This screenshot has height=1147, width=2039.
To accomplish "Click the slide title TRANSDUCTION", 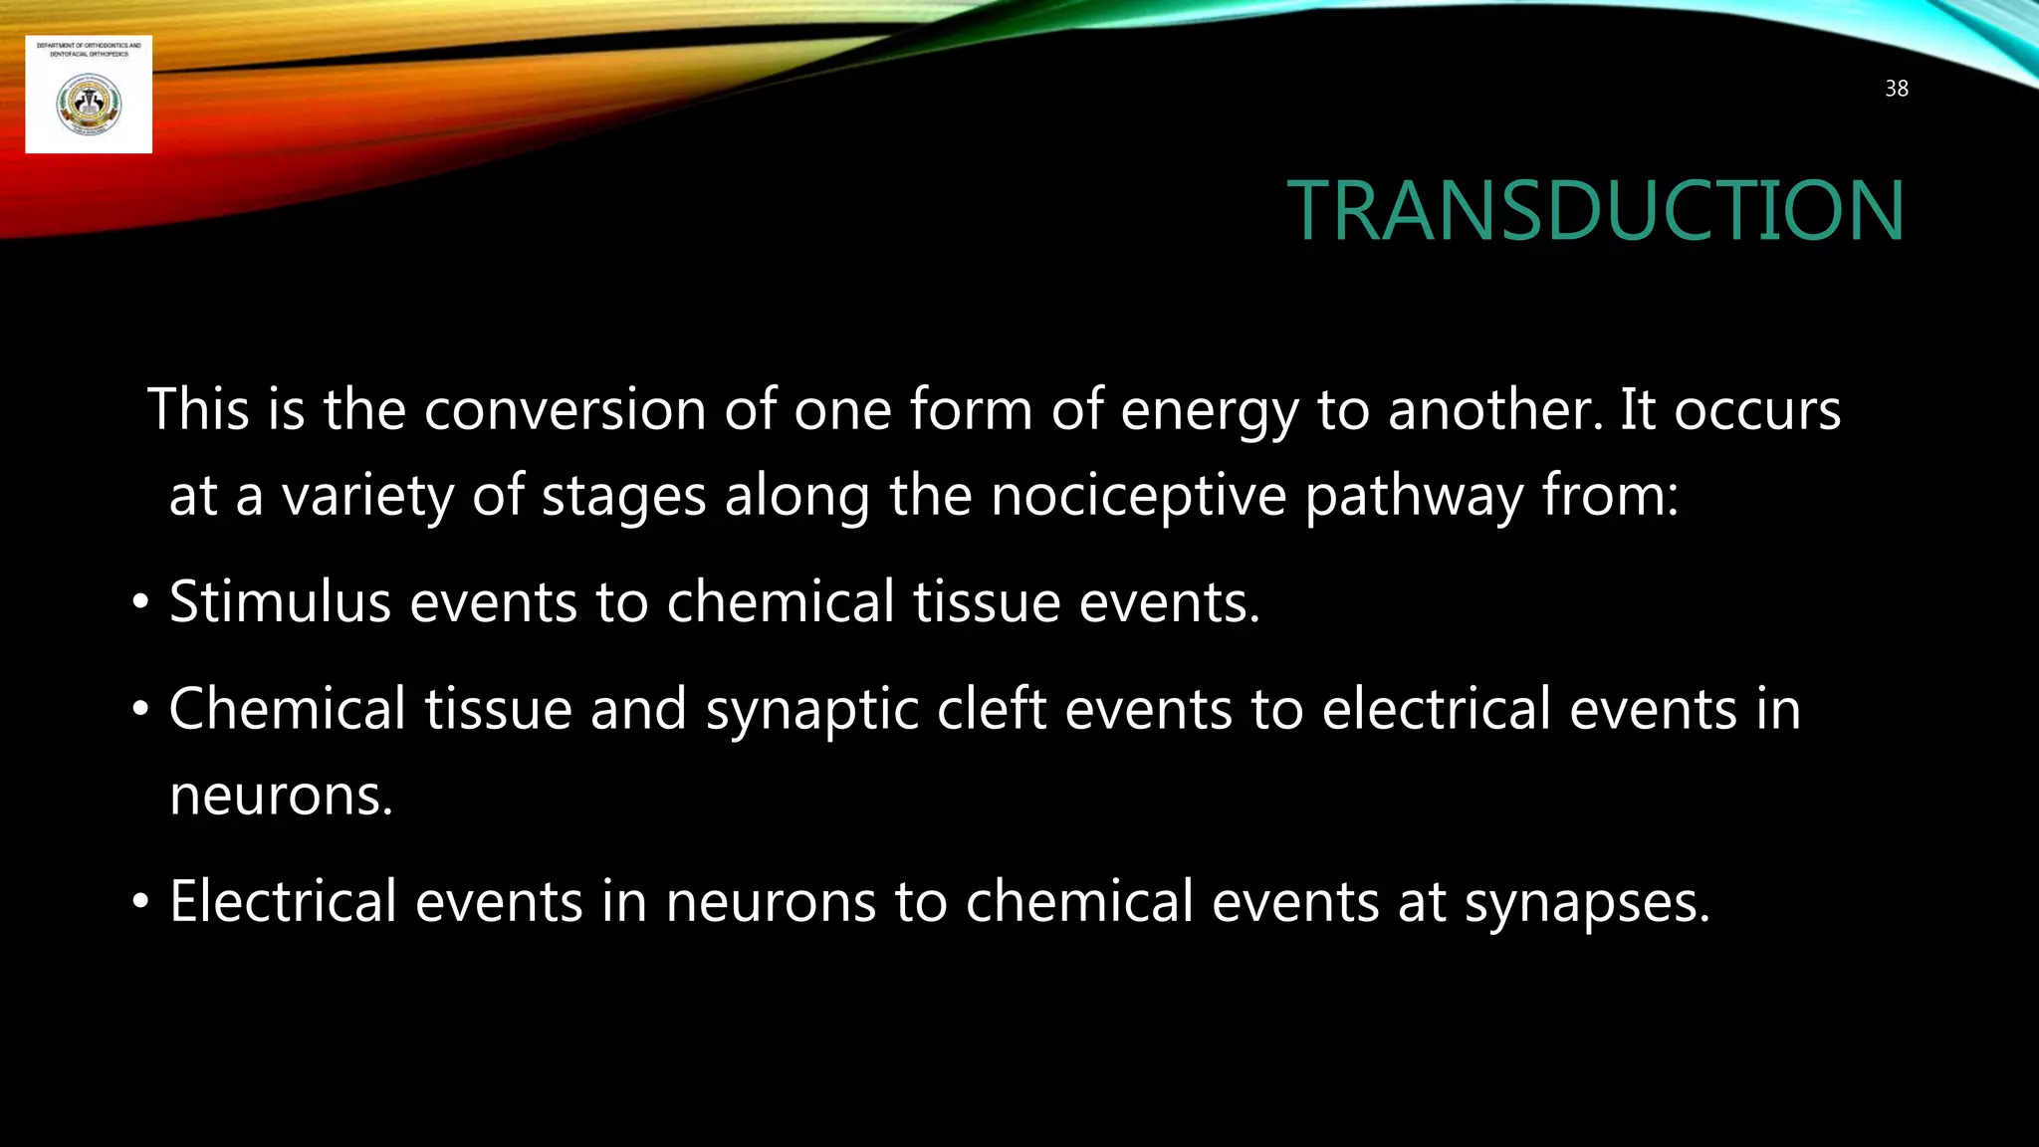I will pos(1595,211).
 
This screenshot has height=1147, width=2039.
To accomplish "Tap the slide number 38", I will pos(1897,89).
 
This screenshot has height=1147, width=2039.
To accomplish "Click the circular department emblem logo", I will pos(89,105).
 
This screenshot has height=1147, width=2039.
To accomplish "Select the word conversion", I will pos(565,409).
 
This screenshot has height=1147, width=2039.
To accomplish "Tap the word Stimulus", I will pos(280,601).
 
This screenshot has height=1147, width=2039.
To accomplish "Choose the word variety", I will pos(367,496).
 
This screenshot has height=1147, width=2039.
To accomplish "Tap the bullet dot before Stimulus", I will pos(140,602).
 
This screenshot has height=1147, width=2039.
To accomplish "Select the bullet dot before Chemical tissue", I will pos(140,710).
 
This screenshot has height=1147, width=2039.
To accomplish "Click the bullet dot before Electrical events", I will pos(140,902).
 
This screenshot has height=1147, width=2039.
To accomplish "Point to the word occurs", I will pos(1757,410).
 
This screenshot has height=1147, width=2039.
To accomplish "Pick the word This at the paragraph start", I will pos(197,409).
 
